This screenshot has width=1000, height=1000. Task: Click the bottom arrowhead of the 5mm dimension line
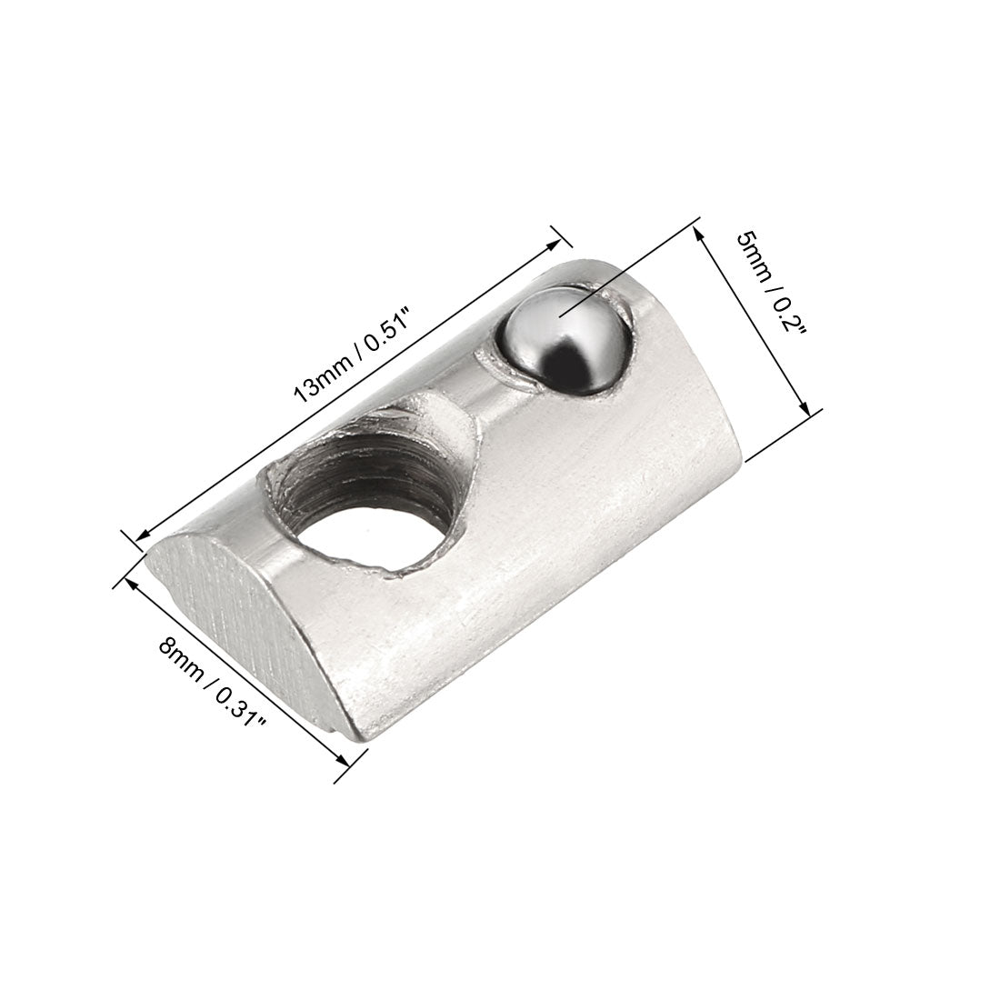(x=804, y=409)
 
